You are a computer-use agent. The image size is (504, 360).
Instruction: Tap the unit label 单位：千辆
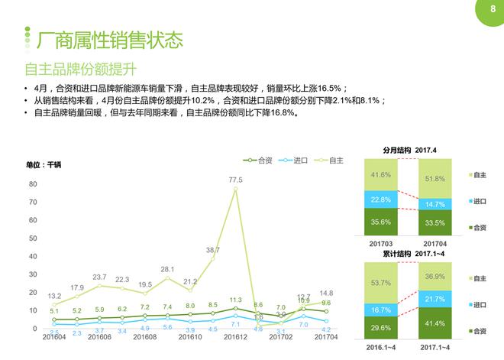[x=44, y=164]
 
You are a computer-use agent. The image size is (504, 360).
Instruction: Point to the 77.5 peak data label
[x=235, y=180]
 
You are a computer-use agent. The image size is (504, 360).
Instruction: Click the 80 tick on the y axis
[x=33, y=184]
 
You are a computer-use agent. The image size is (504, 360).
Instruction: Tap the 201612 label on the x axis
[x=234, y=336]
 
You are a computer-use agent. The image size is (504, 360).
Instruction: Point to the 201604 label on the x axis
[x=53, y=336]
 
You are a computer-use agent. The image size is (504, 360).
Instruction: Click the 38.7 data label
[x=212, y=250]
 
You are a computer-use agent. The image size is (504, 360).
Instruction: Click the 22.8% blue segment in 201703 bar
[x=381, y=200]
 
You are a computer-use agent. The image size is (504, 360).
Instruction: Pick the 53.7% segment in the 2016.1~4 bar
[x=381, y=283]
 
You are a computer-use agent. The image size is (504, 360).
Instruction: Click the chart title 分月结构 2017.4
[x=409, y=150]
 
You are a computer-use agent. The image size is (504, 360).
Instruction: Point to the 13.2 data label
[x=54, y=295]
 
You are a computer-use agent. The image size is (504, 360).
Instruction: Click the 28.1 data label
[x=167, y=269]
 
